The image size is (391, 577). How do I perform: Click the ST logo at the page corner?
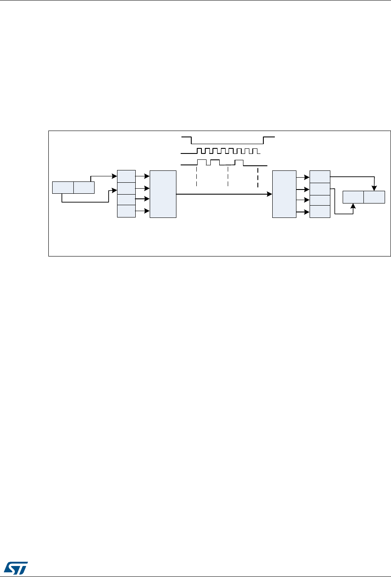point(18,566)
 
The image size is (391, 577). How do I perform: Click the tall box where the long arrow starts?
point(163,194)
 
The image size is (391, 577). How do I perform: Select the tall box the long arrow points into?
point(284,194)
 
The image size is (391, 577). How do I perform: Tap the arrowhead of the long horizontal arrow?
point(270,194)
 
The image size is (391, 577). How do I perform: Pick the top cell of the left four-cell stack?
point(126,176)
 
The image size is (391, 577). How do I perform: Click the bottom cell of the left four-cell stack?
point(126,211)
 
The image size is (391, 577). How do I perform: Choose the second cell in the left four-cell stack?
point(126,188)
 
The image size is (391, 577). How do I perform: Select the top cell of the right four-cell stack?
point(320,176)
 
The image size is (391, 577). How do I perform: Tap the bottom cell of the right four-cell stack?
point(320,211)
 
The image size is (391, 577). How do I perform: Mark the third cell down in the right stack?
point(320,200)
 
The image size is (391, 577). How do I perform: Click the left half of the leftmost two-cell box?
point(62,187)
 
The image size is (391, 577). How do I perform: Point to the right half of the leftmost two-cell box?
point(84,187)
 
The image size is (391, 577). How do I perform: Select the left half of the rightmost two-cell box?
point(353,197)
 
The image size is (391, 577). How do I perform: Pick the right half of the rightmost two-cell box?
point(374,197)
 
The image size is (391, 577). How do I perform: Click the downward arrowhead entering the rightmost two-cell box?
point(374,188)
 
